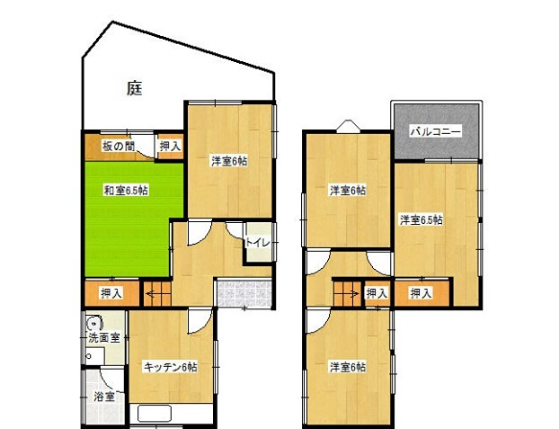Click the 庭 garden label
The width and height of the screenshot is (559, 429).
(x=134, y=88)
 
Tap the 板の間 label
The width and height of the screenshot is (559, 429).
(x=117, y=145)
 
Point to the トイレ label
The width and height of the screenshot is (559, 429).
(x=257, y=241)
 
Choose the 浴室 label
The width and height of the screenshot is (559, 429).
(x=104, y=396)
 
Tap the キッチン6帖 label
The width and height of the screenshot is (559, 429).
(x=171, y=367)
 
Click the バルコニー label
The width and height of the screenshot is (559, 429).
(x=436, y=131)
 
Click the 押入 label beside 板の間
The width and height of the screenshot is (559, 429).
(x=170, y=145)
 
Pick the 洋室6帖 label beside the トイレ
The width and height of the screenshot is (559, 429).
(x=229, y=161)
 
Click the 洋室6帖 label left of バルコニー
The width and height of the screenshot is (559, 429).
(x=346, y=191)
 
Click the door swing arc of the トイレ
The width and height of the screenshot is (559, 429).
(x=235, y=229)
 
